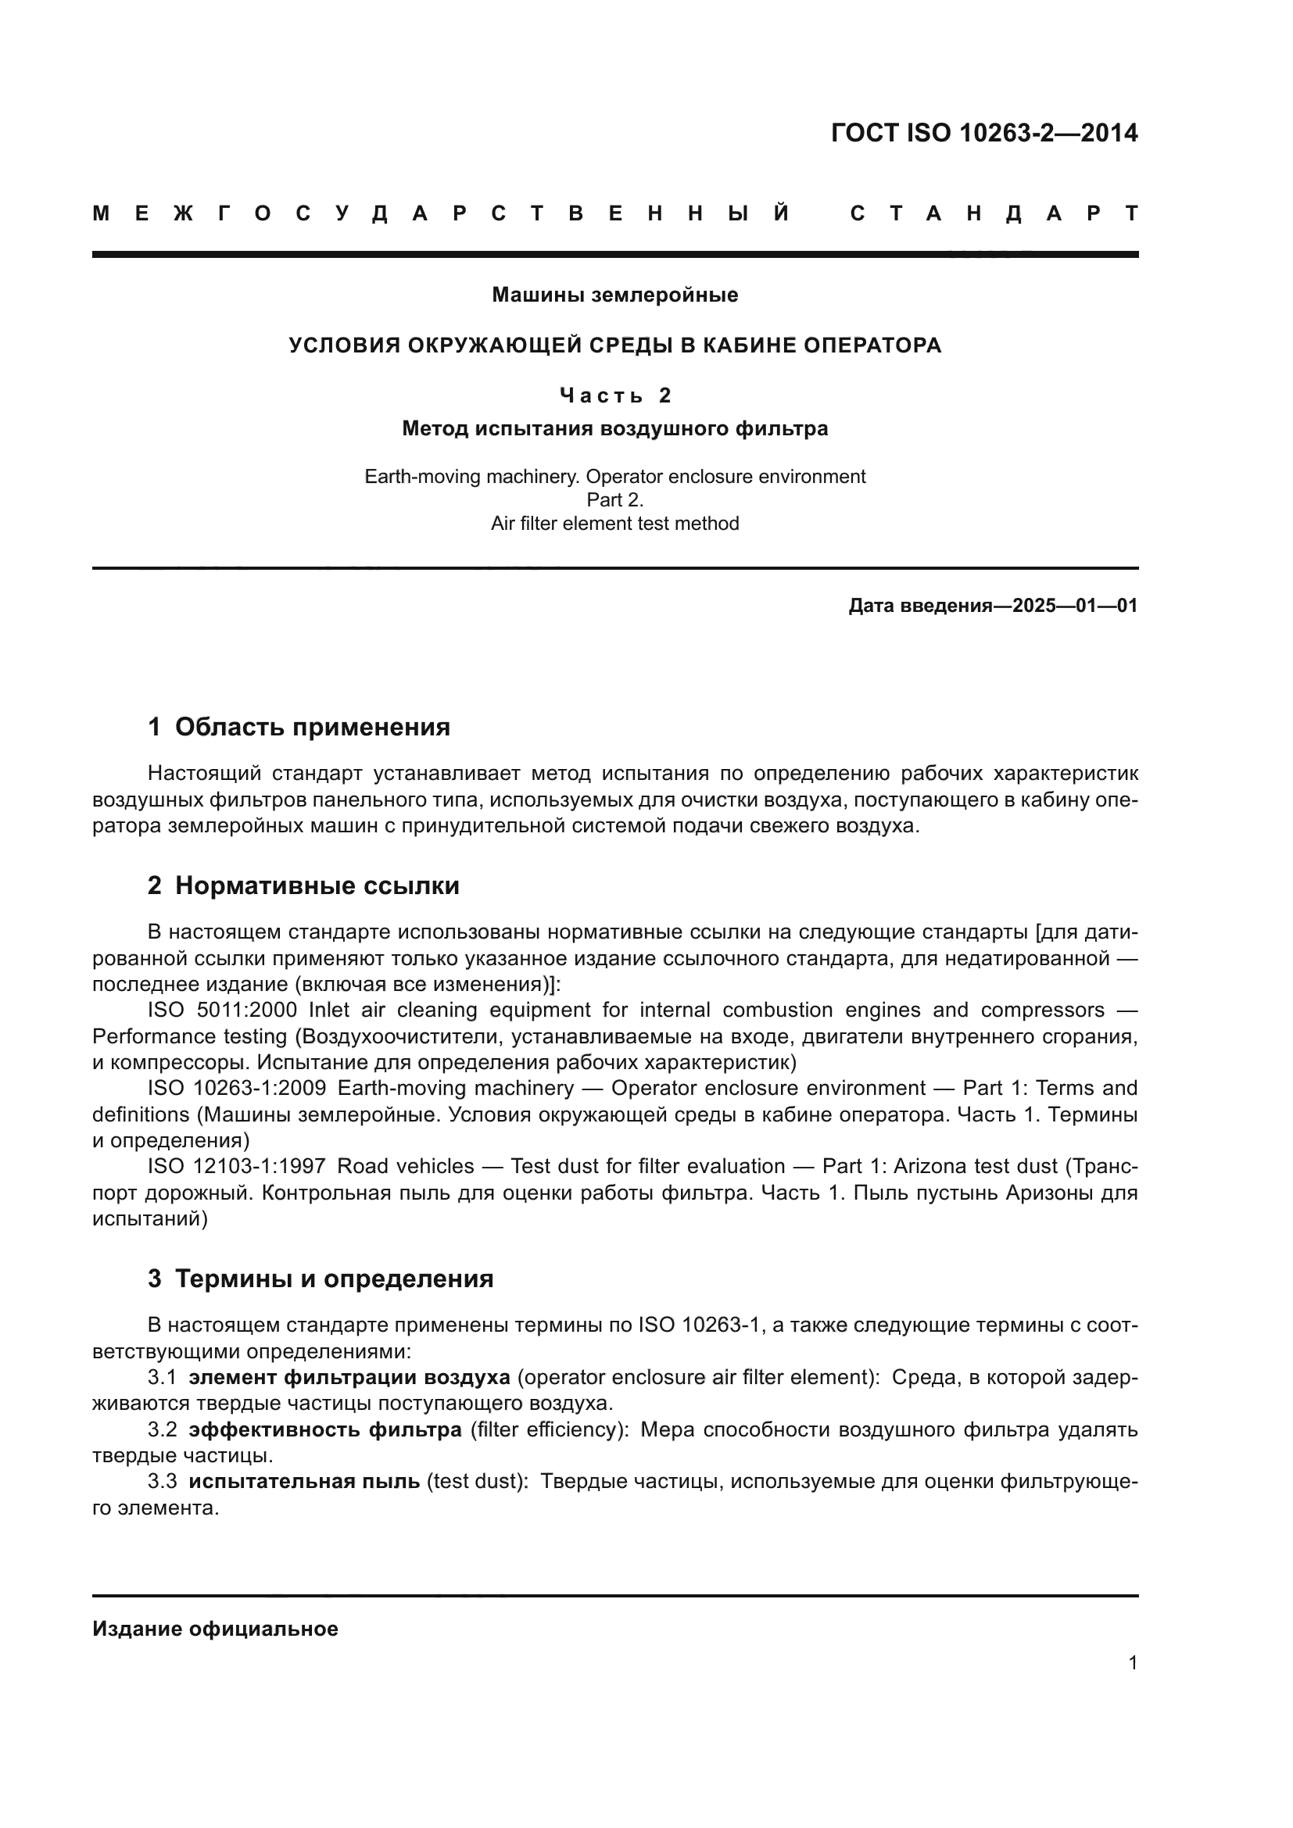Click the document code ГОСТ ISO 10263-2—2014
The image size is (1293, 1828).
(984, 133)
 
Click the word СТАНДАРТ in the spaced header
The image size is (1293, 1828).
(994, 213)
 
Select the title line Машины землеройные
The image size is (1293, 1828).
(614, 295)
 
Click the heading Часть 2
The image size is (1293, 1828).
(614, 395)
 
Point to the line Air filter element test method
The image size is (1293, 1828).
(614, 524)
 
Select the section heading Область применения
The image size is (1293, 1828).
(312, 727)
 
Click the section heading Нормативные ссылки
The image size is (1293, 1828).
(317, 886)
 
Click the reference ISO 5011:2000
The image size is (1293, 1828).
(222, 1011)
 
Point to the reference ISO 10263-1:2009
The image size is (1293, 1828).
(236, 1089)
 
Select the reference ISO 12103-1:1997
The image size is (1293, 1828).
(236, 1167)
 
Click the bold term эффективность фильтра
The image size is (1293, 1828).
(325, 1431)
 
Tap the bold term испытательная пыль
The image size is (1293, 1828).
(304, 1483)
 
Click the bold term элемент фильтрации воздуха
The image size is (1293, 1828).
(349, 1378)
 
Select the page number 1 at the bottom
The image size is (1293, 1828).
(1132, 1663)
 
